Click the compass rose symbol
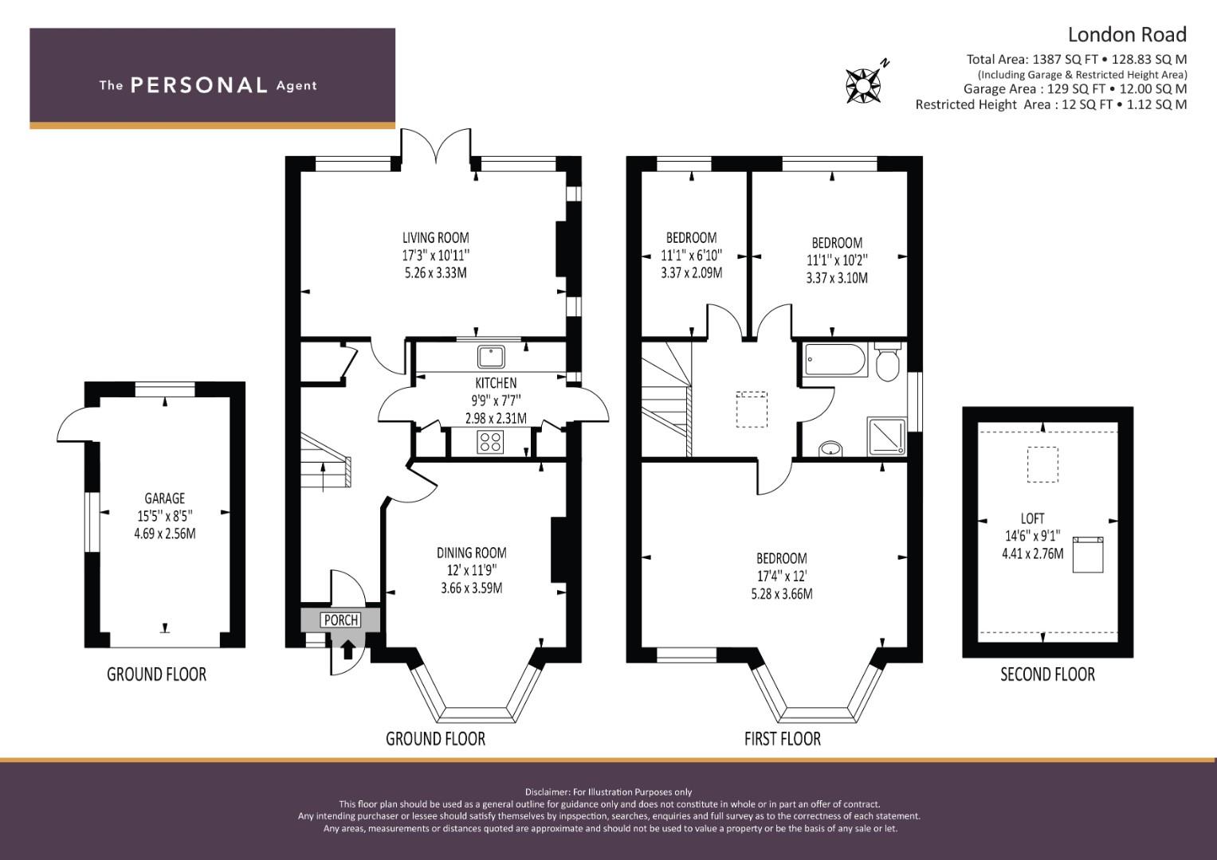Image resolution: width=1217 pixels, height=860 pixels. tap(864, 84)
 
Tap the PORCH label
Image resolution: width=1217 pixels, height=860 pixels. tap(341, 620)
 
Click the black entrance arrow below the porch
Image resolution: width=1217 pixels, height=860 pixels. tap(347, 649)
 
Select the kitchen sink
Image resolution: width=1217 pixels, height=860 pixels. tap(491, 357)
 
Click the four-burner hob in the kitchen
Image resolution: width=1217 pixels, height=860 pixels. tap(491, 441)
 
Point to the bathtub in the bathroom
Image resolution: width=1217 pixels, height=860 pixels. tap(835, 359)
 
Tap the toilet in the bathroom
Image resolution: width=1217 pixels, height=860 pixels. tap(888, 361)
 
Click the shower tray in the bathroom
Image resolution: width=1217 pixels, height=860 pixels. tap(887, 436)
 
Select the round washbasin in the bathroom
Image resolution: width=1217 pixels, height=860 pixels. tap(830, 449)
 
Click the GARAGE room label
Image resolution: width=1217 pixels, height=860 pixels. tap(165, 498)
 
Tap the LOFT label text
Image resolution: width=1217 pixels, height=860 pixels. tap(1032, 518)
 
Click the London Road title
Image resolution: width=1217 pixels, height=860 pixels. tap(1128, 35)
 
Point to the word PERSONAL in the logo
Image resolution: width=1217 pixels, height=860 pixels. tap(199, 85)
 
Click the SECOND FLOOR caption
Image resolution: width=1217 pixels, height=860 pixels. tap(1047, 674)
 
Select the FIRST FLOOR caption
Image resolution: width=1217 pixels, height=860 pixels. tap(783, 739)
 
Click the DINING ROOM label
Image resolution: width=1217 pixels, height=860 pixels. tap(472, 553)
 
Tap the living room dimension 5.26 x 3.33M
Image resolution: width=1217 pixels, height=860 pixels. tap(436, 272)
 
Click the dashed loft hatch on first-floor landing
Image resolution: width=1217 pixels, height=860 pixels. tap(752, 409)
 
